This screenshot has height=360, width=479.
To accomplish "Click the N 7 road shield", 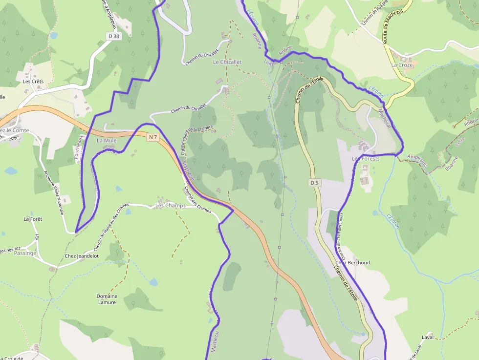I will [153, 137].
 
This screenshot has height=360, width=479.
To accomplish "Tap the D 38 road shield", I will [113, 36].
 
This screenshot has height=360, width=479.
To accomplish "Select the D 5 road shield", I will [314, 183].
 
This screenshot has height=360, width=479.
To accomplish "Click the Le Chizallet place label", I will [227, 63].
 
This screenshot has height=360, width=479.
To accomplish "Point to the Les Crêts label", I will [33, 82].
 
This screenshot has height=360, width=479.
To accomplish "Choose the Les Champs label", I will [171, 206].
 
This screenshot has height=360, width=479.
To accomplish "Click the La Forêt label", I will [33, 219].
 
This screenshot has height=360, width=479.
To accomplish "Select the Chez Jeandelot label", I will [82, 256].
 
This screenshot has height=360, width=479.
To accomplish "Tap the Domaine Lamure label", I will [107, 299].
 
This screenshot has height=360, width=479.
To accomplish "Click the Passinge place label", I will [25, 254].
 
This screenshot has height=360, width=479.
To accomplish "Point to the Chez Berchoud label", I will [352, 263].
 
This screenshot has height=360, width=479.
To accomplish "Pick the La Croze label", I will [402, 65].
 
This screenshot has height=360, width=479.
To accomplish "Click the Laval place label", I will [428, 337].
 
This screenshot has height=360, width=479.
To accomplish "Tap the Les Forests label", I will [366, 159].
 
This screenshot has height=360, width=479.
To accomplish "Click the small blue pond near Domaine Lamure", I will [154, 282].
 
